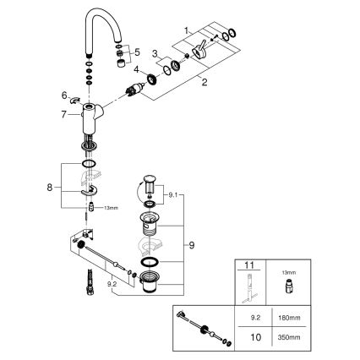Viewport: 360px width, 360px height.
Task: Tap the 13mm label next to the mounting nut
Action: (109, 207)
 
